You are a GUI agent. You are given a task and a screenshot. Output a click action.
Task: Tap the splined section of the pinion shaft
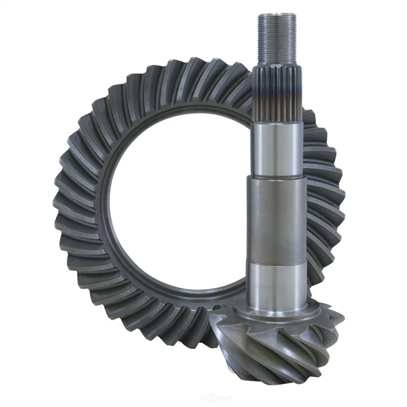(x=279, y=91)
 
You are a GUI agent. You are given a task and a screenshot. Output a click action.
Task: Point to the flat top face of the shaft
(x=277, y=15)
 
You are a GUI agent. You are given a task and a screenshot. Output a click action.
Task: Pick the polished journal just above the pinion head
(x=277, y=284)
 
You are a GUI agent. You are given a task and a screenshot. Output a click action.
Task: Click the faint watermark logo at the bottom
(x=216, y=398)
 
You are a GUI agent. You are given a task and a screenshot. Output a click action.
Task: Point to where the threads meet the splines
(x=278, y=66)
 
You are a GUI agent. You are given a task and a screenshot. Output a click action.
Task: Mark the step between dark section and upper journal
(x=277, y=178)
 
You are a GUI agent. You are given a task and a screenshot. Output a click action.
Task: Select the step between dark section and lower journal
(x=277, y=262)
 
